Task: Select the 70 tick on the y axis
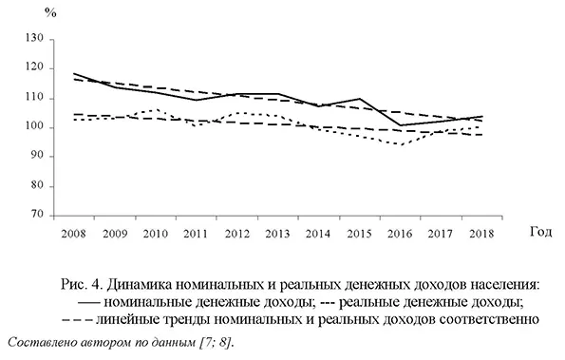(37, 216)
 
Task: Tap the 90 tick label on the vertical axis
(37, 157)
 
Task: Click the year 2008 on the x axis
(72, 233)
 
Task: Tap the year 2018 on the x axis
(480, 233)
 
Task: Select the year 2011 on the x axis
(195, 233)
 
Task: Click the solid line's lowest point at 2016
(399, 125)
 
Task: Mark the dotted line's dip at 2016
(399, 144)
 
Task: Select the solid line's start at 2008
(73, 73)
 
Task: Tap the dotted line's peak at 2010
(155, 110)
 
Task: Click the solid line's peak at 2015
(358, 99)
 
